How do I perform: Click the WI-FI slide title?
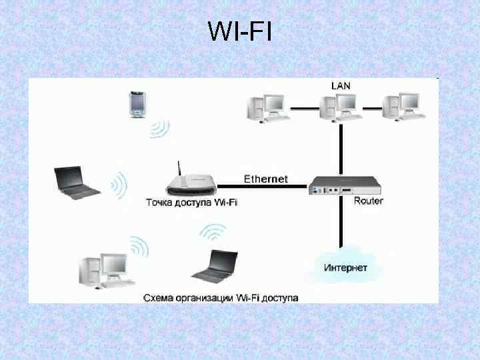point(240,31)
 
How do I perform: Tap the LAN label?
point(341,85)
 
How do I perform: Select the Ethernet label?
point(266,179)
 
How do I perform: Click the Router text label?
point(368,201)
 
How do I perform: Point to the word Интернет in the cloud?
point(345,267)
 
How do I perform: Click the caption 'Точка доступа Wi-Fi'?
point(192,201)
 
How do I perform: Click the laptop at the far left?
point(76,181)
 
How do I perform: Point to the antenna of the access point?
point(179,168)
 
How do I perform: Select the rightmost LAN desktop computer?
point(403,107)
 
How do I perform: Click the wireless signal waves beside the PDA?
point(160,127)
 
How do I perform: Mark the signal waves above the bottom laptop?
point(213,233)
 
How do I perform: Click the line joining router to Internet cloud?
point(341,223)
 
